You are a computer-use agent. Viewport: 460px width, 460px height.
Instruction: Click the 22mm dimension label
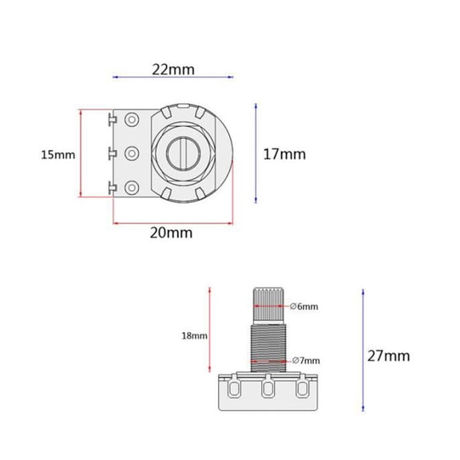pyautogui.click(x=173, y=69)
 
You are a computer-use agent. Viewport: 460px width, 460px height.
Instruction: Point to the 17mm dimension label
pyautogui.click(x=284, y=154)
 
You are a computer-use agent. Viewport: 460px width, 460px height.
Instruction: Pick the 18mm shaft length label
pyautogui.click(x=194, y=336)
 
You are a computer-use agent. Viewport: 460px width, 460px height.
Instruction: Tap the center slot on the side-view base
pyautogui.click(x=268, y=390)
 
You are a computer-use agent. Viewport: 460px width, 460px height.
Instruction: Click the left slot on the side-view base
pyautogui.click(x=234, y=390)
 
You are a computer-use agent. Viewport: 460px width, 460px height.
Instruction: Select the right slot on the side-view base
pyautogui.click(x=302, y=390)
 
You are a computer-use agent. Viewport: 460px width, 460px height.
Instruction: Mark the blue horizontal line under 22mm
pyautogui.click(x=174, y=77)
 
